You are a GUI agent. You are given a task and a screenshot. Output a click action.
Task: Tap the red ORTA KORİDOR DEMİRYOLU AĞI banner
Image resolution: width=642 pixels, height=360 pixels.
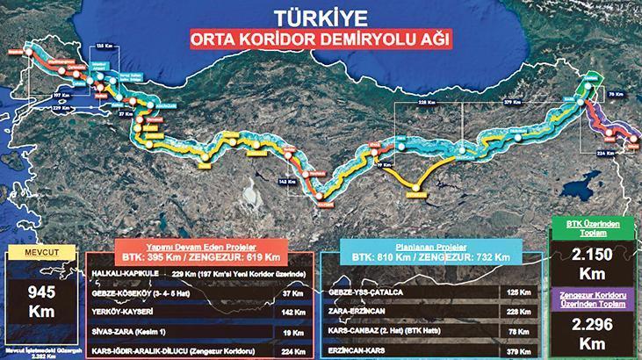pyautogui.click(x=321, y=40)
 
